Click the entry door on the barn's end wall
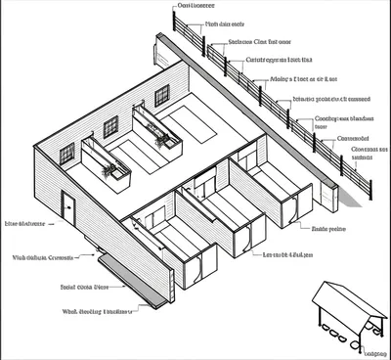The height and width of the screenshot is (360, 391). (68, 207)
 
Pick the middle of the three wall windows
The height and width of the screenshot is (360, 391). (110, 125)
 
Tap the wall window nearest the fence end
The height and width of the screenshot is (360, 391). (161, 95)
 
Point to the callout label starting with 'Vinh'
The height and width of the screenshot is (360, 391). (43, 258)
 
